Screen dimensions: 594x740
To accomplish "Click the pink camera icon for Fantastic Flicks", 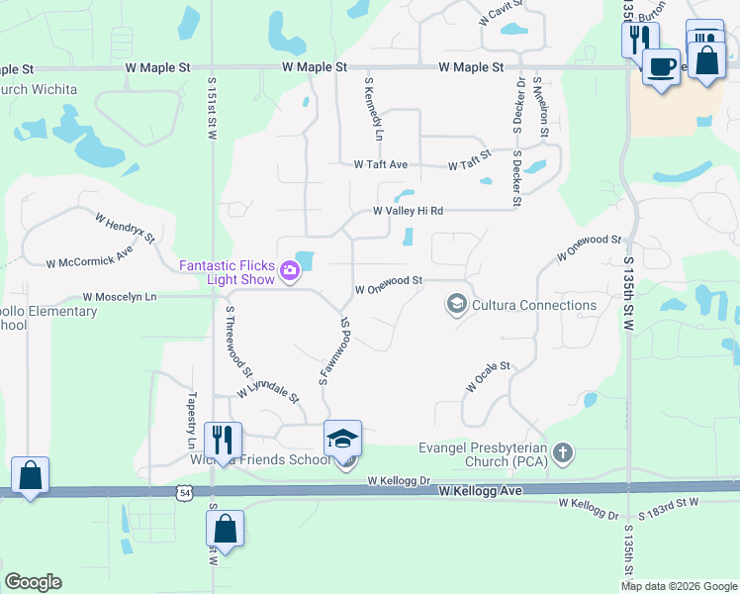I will [290, 269].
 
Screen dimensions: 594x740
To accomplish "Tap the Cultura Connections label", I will [534, 305].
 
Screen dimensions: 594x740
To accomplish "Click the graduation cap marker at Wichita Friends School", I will [343, 439].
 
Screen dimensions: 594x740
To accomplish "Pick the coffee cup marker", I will [661, 67].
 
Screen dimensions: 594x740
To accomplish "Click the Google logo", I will [33, 582].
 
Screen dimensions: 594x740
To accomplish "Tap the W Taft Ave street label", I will [381, 165].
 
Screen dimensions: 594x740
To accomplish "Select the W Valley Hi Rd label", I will [408, 211].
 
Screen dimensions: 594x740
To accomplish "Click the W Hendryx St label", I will [126, 227].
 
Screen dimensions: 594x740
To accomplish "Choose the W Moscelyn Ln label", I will [120, 296].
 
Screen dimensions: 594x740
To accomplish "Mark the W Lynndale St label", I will [267, 387].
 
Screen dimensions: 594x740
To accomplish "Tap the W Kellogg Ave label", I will [481, 491].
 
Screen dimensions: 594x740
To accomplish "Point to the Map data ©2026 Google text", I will [679, 586].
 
